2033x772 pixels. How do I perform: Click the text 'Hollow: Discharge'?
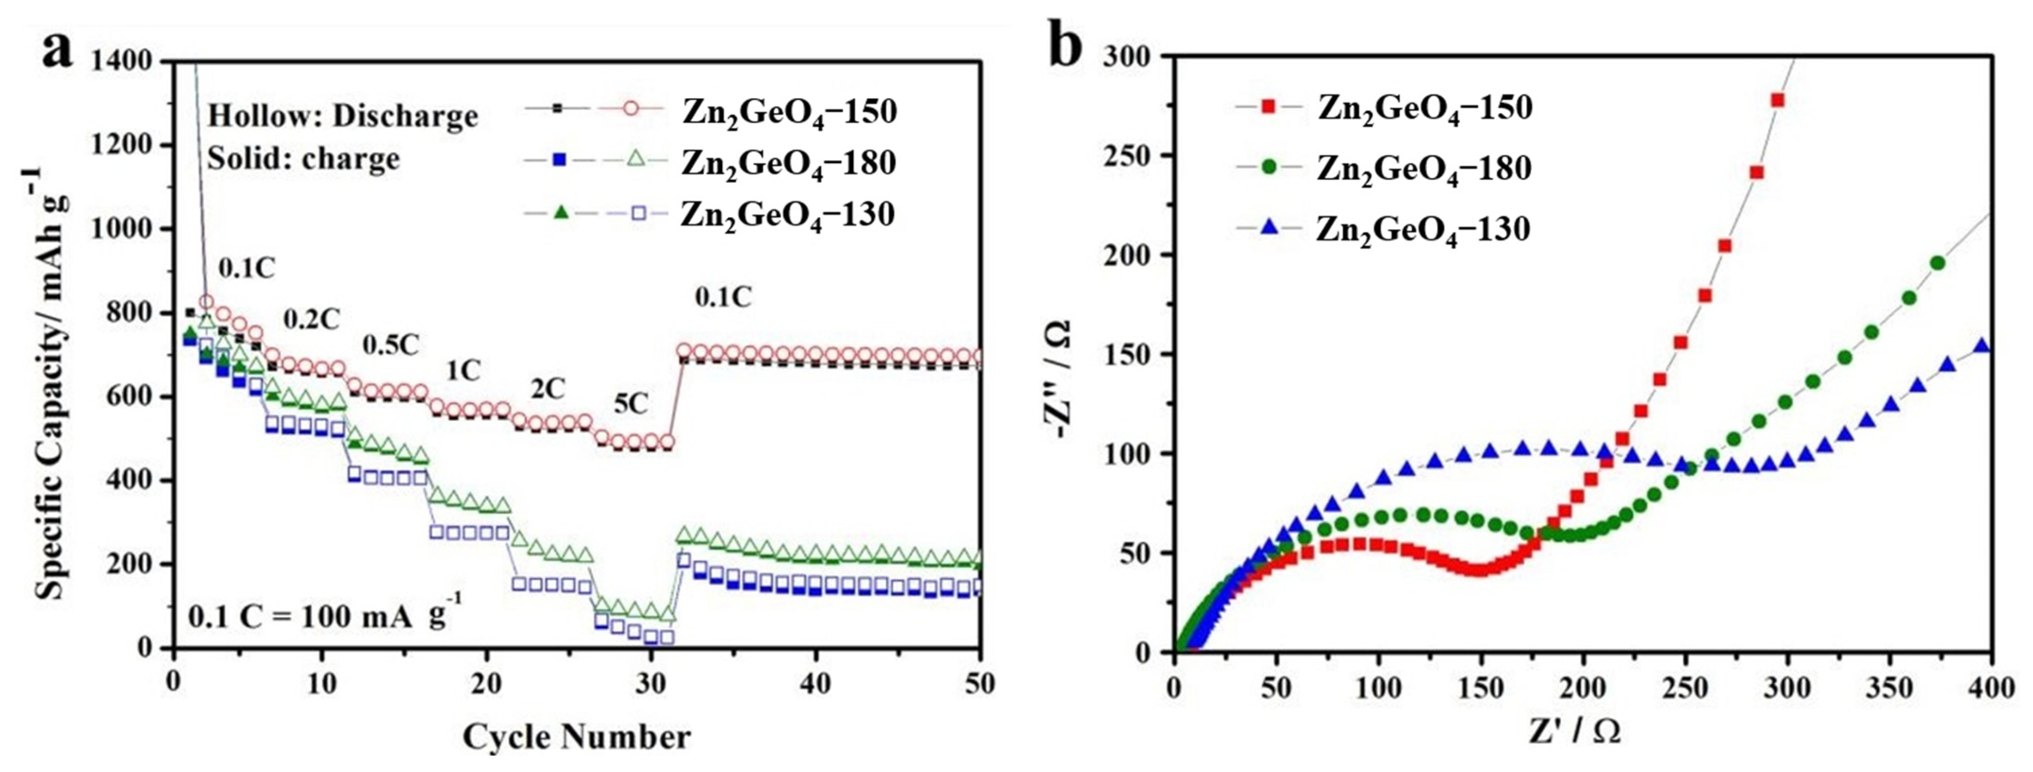343,116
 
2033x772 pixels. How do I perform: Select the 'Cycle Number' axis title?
576,737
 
